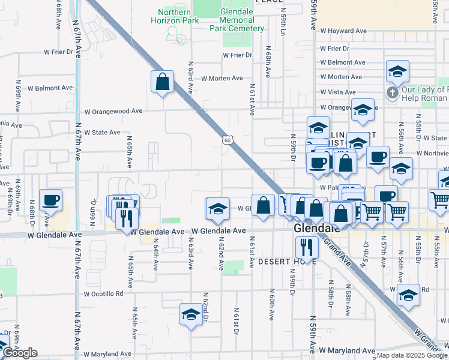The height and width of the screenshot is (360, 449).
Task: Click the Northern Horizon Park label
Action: point(178,16)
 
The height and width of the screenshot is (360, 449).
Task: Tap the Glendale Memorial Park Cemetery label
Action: point(237,20)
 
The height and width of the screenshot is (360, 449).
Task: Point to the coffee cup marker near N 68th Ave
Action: point(50,200)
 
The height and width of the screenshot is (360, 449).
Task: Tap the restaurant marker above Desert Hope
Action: point(307,247)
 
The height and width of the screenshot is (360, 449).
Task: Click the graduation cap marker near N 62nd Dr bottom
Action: point(191,314)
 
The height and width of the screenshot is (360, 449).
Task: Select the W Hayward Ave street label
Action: point(343,31)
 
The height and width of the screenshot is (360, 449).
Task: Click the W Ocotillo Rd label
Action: point(103,294)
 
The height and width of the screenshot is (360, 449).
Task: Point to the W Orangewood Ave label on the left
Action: point(113,111)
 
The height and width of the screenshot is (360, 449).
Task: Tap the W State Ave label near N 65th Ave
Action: point(102,132)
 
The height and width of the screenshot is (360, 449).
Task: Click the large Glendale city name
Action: point(316,229)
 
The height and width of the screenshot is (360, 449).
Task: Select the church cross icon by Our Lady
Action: point(392,92)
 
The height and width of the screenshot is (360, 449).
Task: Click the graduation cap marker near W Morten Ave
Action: point(397,72)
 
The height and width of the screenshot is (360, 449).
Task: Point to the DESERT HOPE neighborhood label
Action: point(283,262)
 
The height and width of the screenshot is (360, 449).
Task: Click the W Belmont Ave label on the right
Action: point(343,62)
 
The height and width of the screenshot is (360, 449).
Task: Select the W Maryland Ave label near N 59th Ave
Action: point(347,350)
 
